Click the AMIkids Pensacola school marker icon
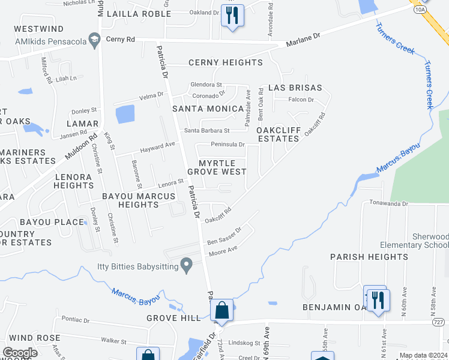pyautogui.click(x=94, y=40)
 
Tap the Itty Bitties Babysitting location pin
pyautogui.click(x=186, y=264)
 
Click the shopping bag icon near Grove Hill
pyautogui.click(x=221, y=310)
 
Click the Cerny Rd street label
pyautogui.click(x=121, y=39)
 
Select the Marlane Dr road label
pyautogui.click(x=303, y=40)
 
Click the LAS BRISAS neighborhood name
pyautogui.click(x=295, y=88)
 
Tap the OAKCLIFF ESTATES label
pyautogui.click(x=278, y=134)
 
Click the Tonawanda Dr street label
pyautogui.click(x=389, y=203)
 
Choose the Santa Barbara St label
pyautogui.click(x=207, y=130)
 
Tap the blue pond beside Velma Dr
pyautogui.click(x=125, y=113)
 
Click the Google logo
pyautogui.click(x=20, y=353)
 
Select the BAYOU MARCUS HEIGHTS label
pyautogui.click(x=138, y=200)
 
